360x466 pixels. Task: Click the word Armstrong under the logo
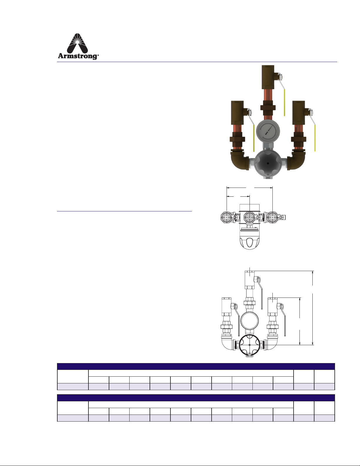[x=78, y=56]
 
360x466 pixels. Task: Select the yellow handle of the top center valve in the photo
[x=284, y=103]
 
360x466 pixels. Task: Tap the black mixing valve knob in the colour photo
[x=268, y=164]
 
